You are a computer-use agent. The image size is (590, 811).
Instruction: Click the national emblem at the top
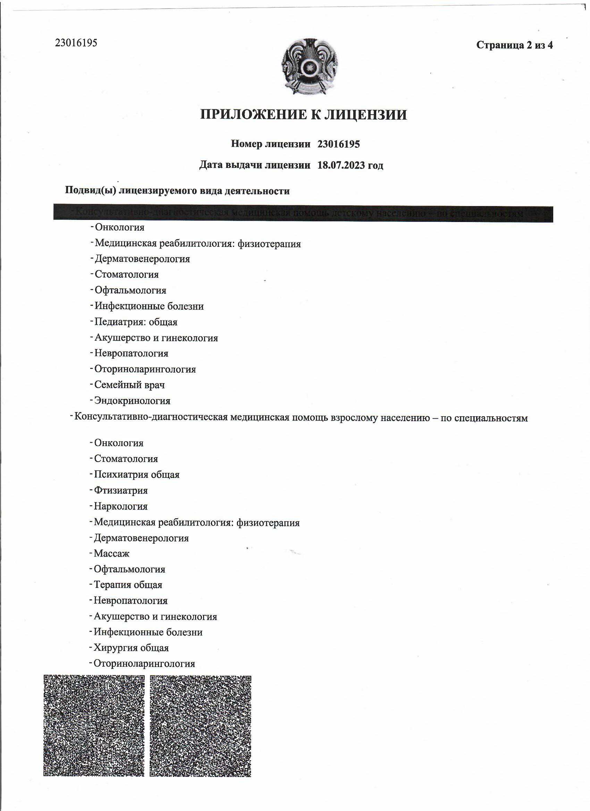(x=310, y=67)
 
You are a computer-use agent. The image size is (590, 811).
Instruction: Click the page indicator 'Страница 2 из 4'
(x=514, y=45)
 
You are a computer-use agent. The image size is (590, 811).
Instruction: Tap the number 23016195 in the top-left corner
(x=76, y=43)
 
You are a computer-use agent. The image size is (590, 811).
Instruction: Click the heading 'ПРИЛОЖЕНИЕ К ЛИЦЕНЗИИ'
(x=303, y=115)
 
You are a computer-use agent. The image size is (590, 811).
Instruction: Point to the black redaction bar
(x=303, y=214)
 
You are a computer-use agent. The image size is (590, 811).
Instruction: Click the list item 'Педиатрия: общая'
(x=136, y=322)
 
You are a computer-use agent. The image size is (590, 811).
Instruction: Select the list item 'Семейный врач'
(x=129, y=385)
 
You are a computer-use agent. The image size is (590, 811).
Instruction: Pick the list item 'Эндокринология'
(x=132, y=401)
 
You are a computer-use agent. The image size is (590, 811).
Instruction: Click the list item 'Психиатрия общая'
(x=136, y=475)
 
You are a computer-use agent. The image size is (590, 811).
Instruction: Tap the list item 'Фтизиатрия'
(x=120, y=490)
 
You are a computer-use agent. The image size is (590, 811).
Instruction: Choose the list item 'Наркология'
(x=120, y=506)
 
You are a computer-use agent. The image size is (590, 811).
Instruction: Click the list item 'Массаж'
(x=111, y=554)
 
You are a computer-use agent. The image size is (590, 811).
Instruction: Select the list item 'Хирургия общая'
(x=131, y=648)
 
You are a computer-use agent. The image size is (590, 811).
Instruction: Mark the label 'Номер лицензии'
(x=270, y=144)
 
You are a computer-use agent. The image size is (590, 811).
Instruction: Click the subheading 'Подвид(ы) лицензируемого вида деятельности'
(x=177, y=191)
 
